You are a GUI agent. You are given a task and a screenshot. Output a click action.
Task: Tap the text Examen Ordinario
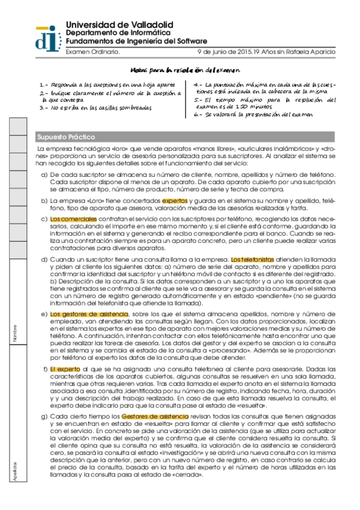pos(93,52)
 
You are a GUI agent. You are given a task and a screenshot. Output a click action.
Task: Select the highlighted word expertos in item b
pos(175,201)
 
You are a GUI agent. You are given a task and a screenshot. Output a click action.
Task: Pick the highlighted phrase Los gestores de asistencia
pos(89,314)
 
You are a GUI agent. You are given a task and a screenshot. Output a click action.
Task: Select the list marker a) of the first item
pos(44,175)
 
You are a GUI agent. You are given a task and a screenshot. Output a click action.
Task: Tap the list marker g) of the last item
pos(44,416)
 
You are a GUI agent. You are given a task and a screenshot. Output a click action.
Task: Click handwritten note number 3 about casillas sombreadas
pos(96,108)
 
